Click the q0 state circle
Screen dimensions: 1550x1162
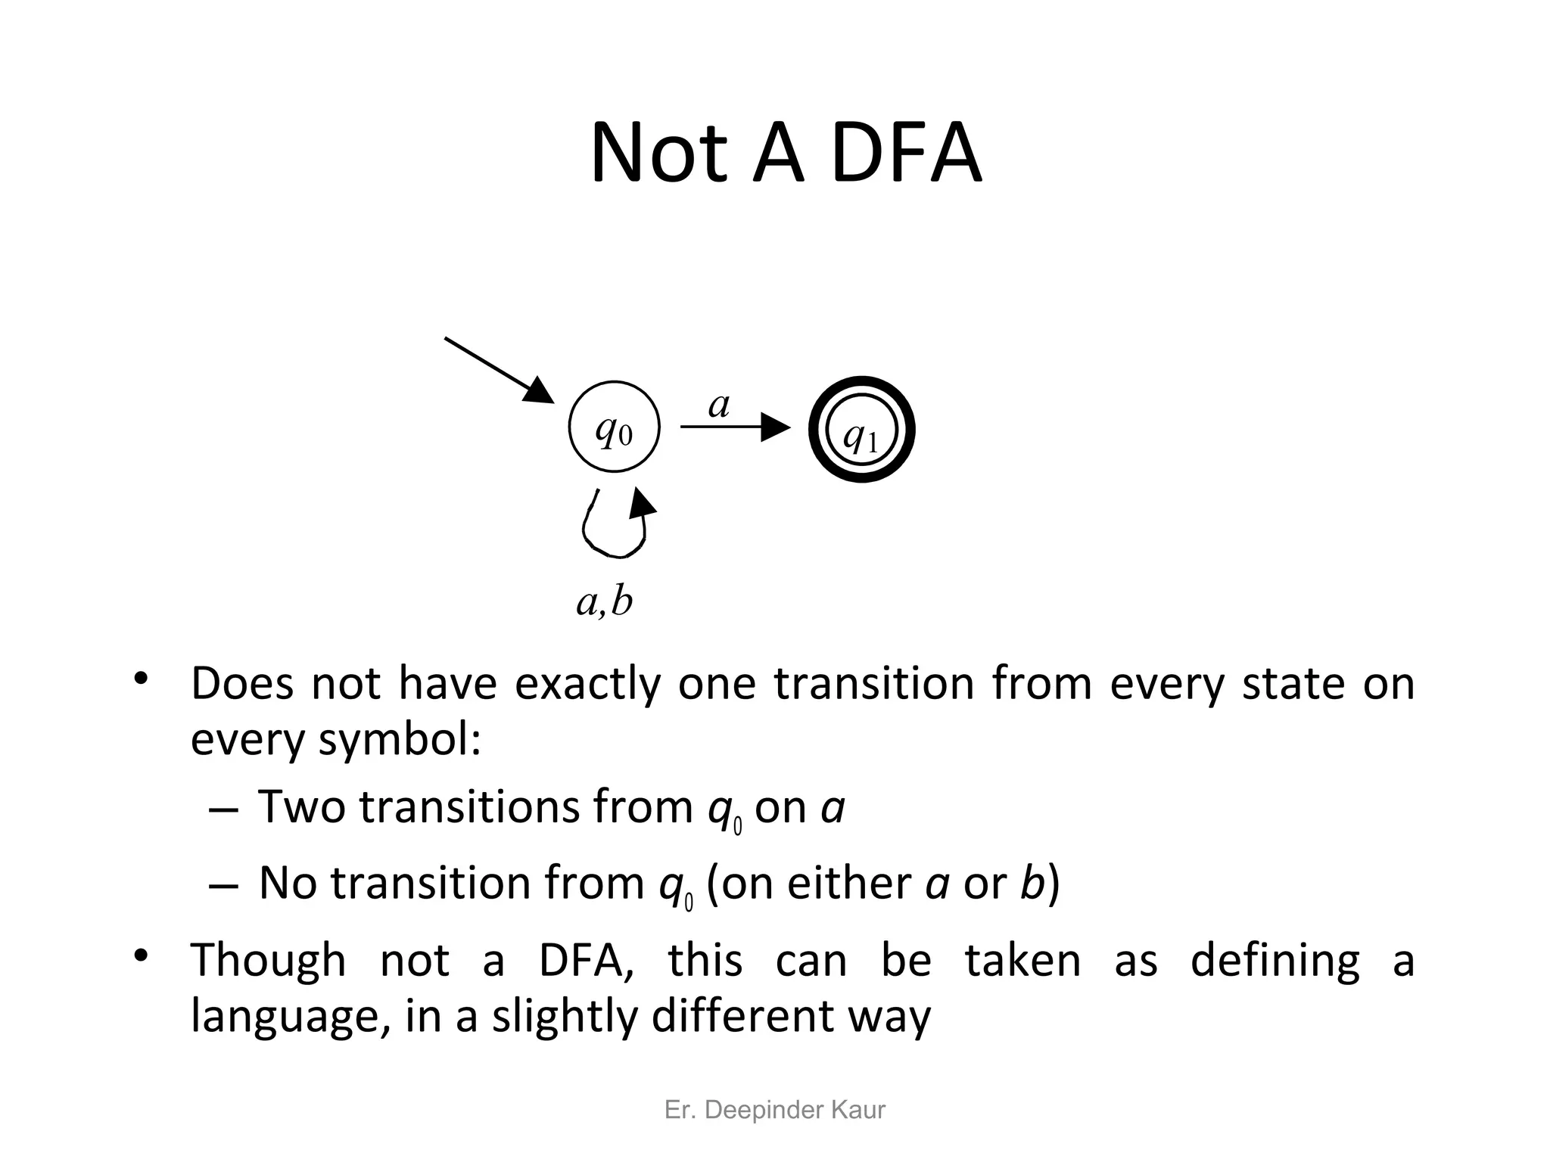[x=614, y=427]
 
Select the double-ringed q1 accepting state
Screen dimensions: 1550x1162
[x=861, y=430]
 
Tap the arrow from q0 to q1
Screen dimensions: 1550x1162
[x=734, y=427]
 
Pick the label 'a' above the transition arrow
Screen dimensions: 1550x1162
[x=718, y=405]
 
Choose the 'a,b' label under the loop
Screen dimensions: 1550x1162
[x=604, y=602]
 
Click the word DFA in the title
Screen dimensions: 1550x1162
[x=905, y=154]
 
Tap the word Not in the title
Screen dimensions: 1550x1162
[x=658, y=154]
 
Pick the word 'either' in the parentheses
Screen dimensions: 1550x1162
[x=849, y=883]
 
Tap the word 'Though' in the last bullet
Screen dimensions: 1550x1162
[x=268, y=960]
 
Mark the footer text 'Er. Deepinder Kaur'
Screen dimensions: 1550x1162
[x=774, y=1110]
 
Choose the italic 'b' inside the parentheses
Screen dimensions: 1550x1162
[x=1032, y=883]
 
